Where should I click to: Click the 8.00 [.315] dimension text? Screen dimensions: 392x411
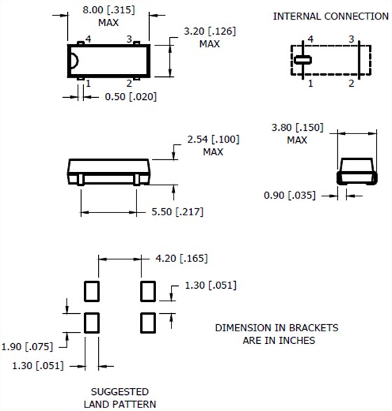108,10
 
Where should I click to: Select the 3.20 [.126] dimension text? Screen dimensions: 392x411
210,31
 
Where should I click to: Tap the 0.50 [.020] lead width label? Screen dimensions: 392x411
131,96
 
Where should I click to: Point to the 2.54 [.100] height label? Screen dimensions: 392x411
213,140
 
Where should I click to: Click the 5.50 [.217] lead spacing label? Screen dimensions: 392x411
177,212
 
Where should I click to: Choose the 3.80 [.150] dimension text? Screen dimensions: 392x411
297,128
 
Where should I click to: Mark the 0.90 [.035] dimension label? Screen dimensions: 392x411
290,196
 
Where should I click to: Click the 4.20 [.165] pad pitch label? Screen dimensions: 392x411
181,259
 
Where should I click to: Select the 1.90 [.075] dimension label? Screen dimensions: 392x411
27,347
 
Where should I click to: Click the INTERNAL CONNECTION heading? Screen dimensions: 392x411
331,16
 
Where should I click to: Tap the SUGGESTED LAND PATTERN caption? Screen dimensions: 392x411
120,398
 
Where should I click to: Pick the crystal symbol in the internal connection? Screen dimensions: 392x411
302,60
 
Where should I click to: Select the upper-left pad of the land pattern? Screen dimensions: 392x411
92,291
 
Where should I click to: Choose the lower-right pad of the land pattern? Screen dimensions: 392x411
148,323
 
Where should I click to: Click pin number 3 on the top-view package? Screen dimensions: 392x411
129,39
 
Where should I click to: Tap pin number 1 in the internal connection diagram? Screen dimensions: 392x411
310,84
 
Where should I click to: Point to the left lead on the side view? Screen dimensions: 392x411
80,180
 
